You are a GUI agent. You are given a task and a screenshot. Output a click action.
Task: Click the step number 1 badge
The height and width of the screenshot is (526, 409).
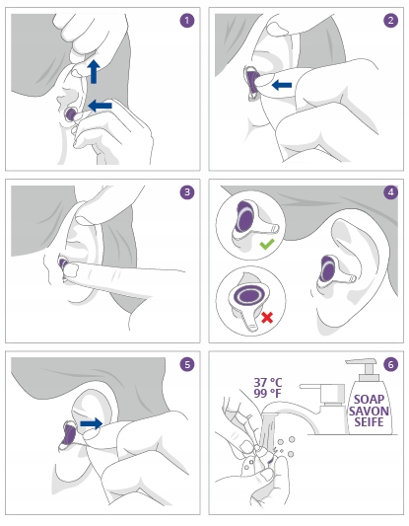point(187,21)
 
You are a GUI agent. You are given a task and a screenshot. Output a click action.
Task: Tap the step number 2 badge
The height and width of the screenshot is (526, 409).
point(390,21)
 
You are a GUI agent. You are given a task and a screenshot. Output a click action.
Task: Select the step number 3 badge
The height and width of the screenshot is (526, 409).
point(187,192)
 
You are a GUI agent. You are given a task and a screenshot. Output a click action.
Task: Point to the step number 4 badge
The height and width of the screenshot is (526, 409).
point(390,192)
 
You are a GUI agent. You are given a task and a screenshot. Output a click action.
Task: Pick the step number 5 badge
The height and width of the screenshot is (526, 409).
point(187,364)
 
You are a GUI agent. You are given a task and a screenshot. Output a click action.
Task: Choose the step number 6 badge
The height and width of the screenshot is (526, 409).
point(390,364)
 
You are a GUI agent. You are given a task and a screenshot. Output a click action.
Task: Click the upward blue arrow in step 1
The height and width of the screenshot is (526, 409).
point(94,72)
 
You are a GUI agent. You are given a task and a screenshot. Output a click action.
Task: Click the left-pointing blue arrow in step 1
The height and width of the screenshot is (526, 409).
point(101,106)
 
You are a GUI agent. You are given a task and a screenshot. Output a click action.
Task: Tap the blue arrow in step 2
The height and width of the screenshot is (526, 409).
point(282,85)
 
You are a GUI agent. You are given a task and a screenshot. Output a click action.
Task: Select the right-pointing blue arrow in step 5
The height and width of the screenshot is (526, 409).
point(92,423)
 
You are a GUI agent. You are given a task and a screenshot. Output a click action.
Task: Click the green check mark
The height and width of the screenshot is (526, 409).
point(267,244)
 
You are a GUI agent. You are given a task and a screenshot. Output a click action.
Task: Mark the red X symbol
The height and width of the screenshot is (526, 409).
point(267,318)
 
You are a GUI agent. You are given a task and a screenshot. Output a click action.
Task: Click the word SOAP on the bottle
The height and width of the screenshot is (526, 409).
point(369,400)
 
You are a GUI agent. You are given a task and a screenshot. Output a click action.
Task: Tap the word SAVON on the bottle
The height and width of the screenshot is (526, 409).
point(369,411)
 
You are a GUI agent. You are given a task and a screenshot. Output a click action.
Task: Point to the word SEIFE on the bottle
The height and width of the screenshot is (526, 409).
point(369,421)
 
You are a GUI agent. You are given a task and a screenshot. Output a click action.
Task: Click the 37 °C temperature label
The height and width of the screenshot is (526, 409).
point(268,383)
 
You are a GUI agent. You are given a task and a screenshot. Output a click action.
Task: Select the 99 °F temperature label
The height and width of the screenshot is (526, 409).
point(267,393)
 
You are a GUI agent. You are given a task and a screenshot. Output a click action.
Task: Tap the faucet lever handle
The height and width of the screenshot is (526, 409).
point(310,387)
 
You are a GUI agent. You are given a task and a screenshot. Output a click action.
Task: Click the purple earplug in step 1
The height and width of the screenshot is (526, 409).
point(71,114)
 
